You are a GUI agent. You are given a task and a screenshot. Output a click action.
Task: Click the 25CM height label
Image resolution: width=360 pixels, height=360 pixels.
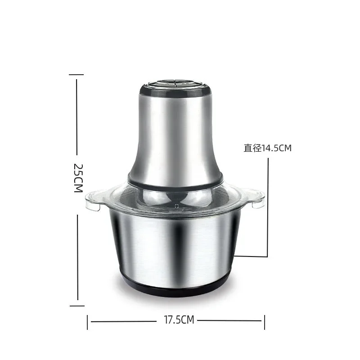[x=78, y=178]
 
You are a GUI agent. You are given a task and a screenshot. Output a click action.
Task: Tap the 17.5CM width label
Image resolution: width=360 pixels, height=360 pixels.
[x=176, y=320]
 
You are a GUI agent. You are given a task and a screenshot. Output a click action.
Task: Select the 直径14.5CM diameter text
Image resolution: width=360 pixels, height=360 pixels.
[x=267, y=148]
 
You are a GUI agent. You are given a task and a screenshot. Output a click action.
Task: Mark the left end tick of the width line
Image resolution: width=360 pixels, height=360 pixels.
[x=87, y=321]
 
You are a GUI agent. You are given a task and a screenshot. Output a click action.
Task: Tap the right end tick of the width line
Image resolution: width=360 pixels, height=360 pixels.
[x=265, y=321]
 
